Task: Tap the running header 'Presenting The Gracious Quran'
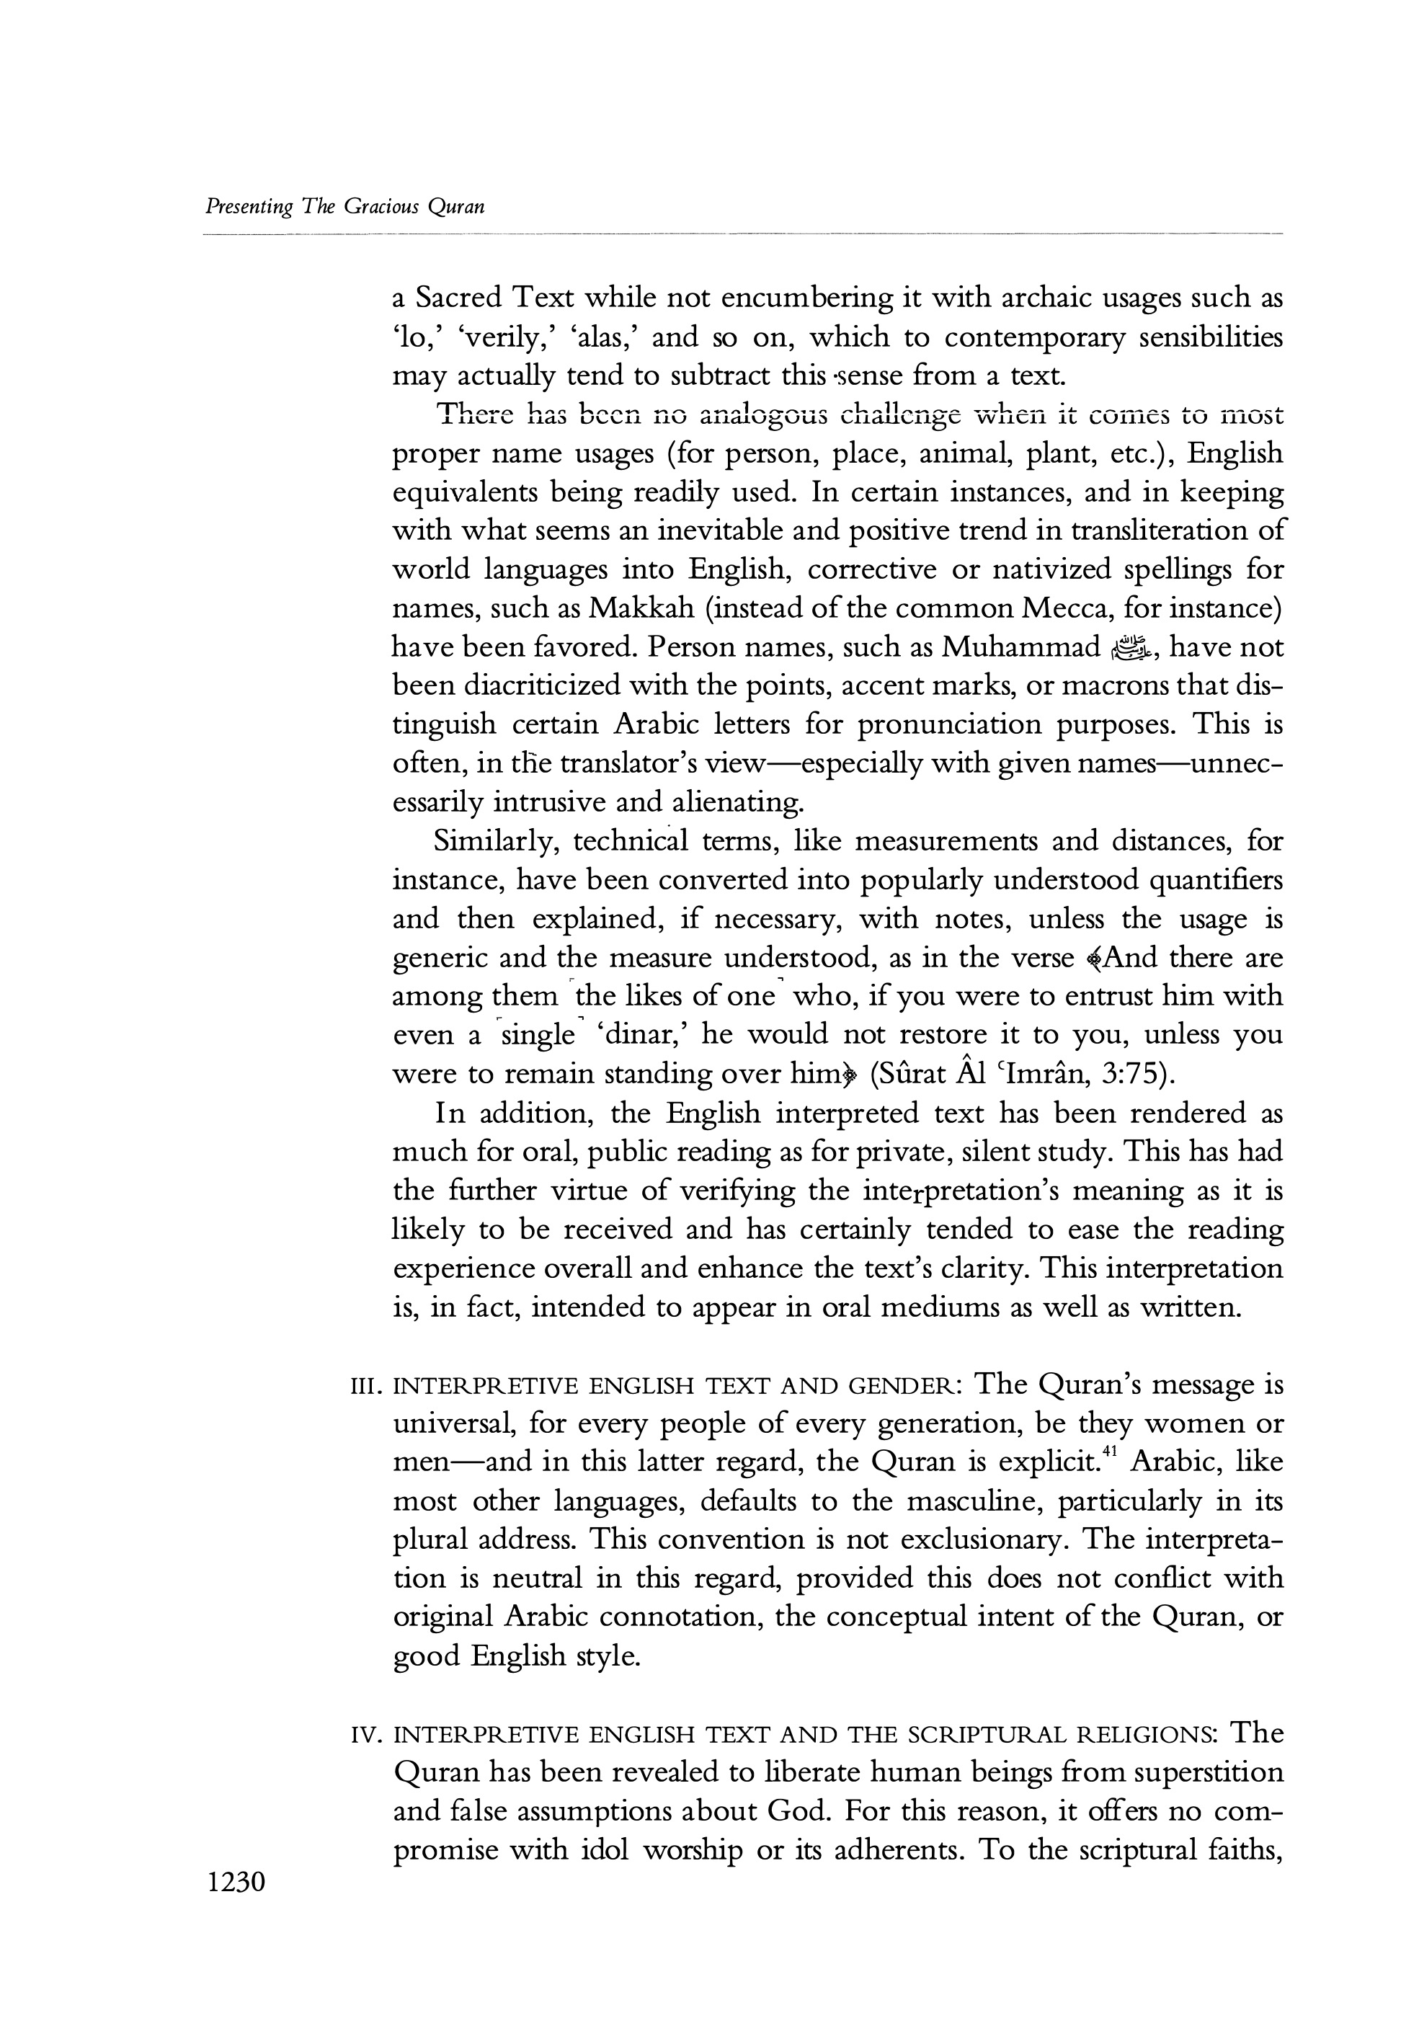[345, 207]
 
